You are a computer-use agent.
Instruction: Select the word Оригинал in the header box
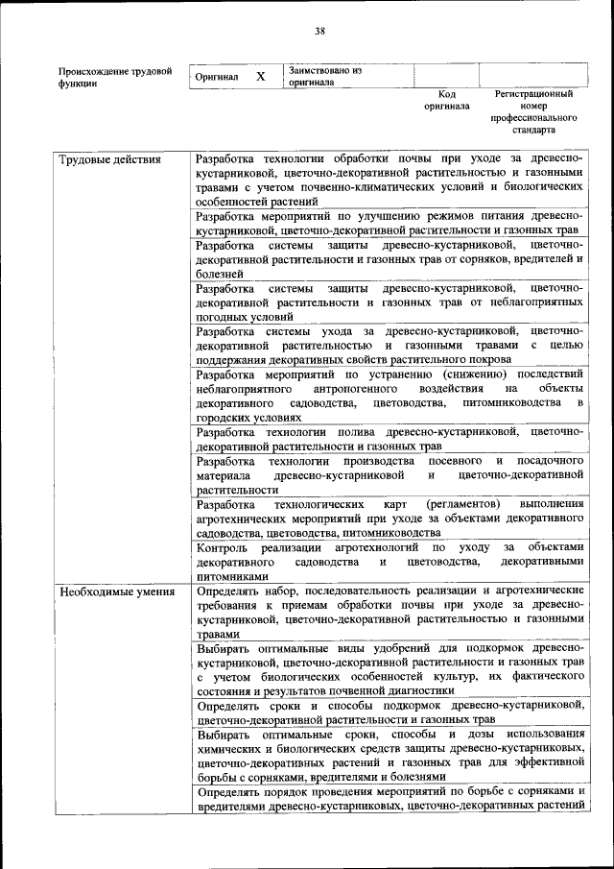216,76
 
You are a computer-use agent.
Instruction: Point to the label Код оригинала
446,100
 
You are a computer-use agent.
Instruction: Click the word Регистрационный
534,94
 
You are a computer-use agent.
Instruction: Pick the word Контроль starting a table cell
223,547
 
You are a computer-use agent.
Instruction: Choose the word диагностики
419,691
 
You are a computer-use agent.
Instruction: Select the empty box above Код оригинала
445,76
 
